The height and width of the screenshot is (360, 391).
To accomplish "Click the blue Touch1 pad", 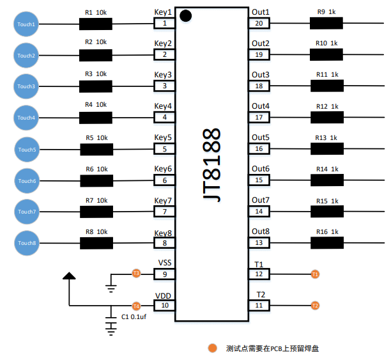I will click(26, 24).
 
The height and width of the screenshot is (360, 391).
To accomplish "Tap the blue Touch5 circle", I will click(26, 150).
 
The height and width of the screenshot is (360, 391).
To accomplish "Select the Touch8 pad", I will click(26, 243).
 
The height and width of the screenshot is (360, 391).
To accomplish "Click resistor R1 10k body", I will click(95, 24).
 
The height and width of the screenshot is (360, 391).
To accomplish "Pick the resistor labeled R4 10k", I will click(95, 118).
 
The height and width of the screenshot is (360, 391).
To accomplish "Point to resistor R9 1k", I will click(326, 24).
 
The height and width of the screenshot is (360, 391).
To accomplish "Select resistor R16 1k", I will click(326, 243).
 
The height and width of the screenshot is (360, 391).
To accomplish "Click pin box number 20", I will click(259, 24).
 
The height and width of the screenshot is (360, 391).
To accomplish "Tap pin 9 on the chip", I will click(164, 274).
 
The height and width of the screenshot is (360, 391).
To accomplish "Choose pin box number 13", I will click(259, 243).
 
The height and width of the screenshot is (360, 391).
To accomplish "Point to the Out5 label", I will click(260, 137).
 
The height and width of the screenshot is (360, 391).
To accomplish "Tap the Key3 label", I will click(163, 75).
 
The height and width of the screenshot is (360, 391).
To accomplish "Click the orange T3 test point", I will click(135, 274).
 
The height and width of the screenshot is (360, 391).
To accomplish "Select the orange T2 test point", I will click(315, 306).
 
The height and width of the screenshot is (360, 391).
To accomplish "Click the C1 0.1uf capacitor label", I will click(134, 317).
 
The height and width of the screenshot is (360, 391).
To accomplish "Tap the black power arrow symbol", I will click(69, 276).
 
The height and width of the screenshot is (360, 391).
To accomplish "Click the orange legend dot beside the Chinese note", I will click(212, 348).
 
